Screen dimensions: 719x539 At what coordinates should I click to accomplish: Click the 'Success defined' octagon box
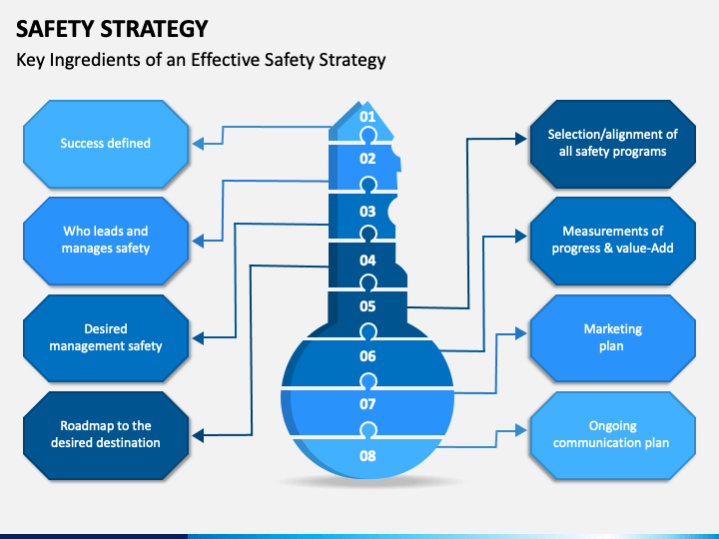tap(106, 144)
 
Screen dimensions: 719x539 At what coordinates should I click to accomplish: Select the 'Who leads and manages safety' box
tap(106, 241)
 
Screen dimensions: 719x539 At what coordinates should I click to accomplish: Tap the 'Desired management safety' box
tap(106, 338)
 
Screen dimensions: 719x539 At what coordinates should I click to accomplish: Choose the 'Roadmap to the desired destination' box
tap(106, 435)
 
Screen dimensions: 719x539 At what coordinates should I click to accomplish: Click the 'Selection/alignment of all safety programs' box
tap(612, 144)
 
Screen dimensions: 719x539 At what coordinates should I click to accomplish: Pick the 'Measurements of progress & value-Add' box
tap(612, 241)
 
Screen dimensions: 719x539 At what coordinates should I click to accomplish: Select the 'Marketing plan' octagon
tap(612, 338)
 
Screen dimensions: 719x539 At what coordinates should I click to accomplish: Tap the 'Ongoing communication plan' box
tap(612, 435)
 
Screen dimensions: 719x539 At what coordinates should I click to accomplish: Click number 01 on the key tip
tap(367, 117)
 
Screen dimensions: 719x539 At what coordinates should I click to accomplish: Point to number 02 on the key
tap(367, 159)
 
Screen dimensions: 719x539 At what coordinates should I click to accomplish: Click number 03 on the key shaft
tap(367, 212)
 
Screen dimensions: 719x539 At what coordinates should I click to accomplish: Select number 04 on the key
tap(367, 261)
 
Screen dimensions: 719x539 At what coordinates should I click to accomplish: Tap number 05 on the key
tap(367, 306)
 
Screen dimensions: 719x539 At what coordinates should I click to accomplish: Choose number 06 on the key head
tap(367, 356)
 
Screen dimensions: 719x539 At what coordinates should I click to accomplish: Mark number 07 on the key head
tap(367, 404)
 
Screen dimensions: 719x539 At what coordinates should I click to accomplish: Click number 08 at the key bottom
tap(367, 455)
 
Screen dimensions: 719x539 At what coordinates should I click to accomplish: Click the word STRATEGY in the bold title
tap(154, 29)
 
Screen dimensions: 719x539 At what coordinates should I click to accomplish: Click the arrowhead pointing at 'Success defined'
tap(198, 144)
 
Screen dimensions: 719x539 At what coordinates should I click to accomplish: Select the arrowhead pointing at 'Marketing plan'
tap(521, 333)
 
